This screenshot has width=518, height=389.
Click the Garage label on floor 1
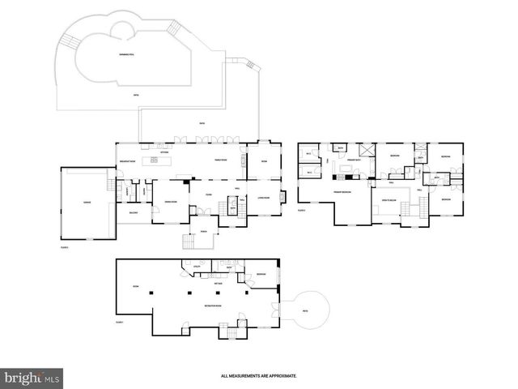[85, 203]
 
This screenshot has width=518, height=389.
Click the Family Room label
[221, 160]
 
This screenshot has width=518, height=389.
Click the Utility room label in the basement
[197, 264]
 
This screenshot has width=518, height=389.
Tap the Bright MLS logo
[32, 377]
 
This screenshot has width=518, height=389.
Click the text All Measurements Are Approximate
[259, 376]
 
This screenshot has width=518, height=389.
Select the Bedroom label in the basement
[261, 275]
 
